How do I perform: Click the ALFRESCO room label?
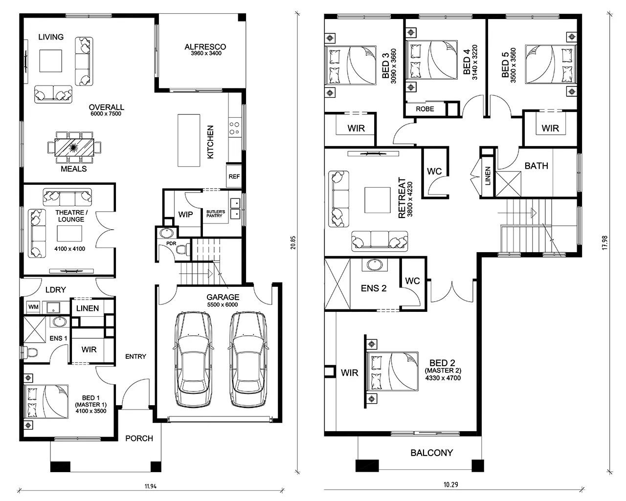(x=205, y=47)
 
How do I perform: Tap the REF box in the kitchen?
(x=234, y=176)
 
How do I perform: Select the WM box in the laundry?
(x=33, y=307)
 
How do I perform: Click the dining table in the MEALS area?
(x=74, y=148)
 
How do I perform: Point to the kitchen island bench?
(x=189, y=140)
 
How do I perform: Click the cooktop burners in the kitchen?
(x=234, y=128)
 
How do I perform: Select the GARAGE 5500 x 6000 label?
(x=223, y=301)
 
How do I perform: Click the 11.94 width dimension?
(x=151, y=486)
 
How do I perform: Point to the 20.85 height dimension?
(x=293, y=242)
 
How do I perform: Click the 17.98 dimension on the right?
(x=605, y=242)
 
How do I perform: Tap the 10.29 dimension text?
(x=450, y=484)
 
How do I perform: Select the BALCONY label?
(x=432, y=453)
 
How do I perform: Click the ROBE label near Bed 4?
(x=425, y=109)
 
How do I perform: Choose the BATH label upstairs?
(x=536, y=166)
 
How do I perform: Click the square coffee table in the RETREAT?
(x=377, y=200)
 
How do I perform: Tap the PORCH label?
(x=139, y=438)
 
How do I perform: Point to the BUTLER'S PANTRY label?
(x=216, y=214)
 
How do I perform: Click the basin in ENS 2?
(x=375, y=264)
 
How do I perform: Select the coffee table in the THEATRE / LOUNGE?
(x=69, y=234)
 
